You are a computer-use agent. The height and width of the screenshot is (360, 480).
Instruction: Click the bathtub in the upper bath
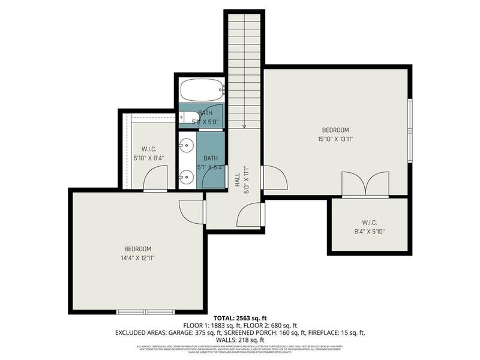click(x=202, y=91)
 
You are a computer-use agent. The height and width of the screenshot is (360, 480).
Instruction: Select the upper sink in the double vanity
click(x=185, y=145)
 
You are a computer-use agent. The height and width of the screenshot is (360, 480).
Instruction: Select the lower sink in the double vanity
click(x=185, y=177)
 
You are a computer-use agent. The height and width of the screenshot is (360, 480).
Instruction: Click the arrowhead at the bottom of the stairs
click(x=244, y=126)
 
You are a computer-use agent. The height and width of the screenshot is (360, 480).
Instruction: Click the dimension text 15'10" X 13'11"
click(x=335, y=139)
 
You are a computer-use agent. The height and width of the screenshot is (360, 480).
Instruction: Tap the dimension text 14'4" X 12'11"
click(x=137, y=258)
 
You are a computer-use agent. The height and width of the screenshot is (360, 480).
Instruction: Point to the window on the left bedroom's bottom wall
click(x=145, y=312)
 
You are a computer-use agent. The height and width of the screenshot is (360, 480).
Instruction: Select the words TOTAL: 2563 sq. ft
click(x=239, y=318)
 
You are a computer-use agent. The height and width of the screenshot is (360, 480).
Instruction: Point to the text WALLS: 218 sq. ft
click(x=240, y=340)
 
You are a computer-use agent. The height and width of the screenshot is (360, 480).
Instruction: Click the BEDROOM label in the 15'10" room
click(x=335, y=130)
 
